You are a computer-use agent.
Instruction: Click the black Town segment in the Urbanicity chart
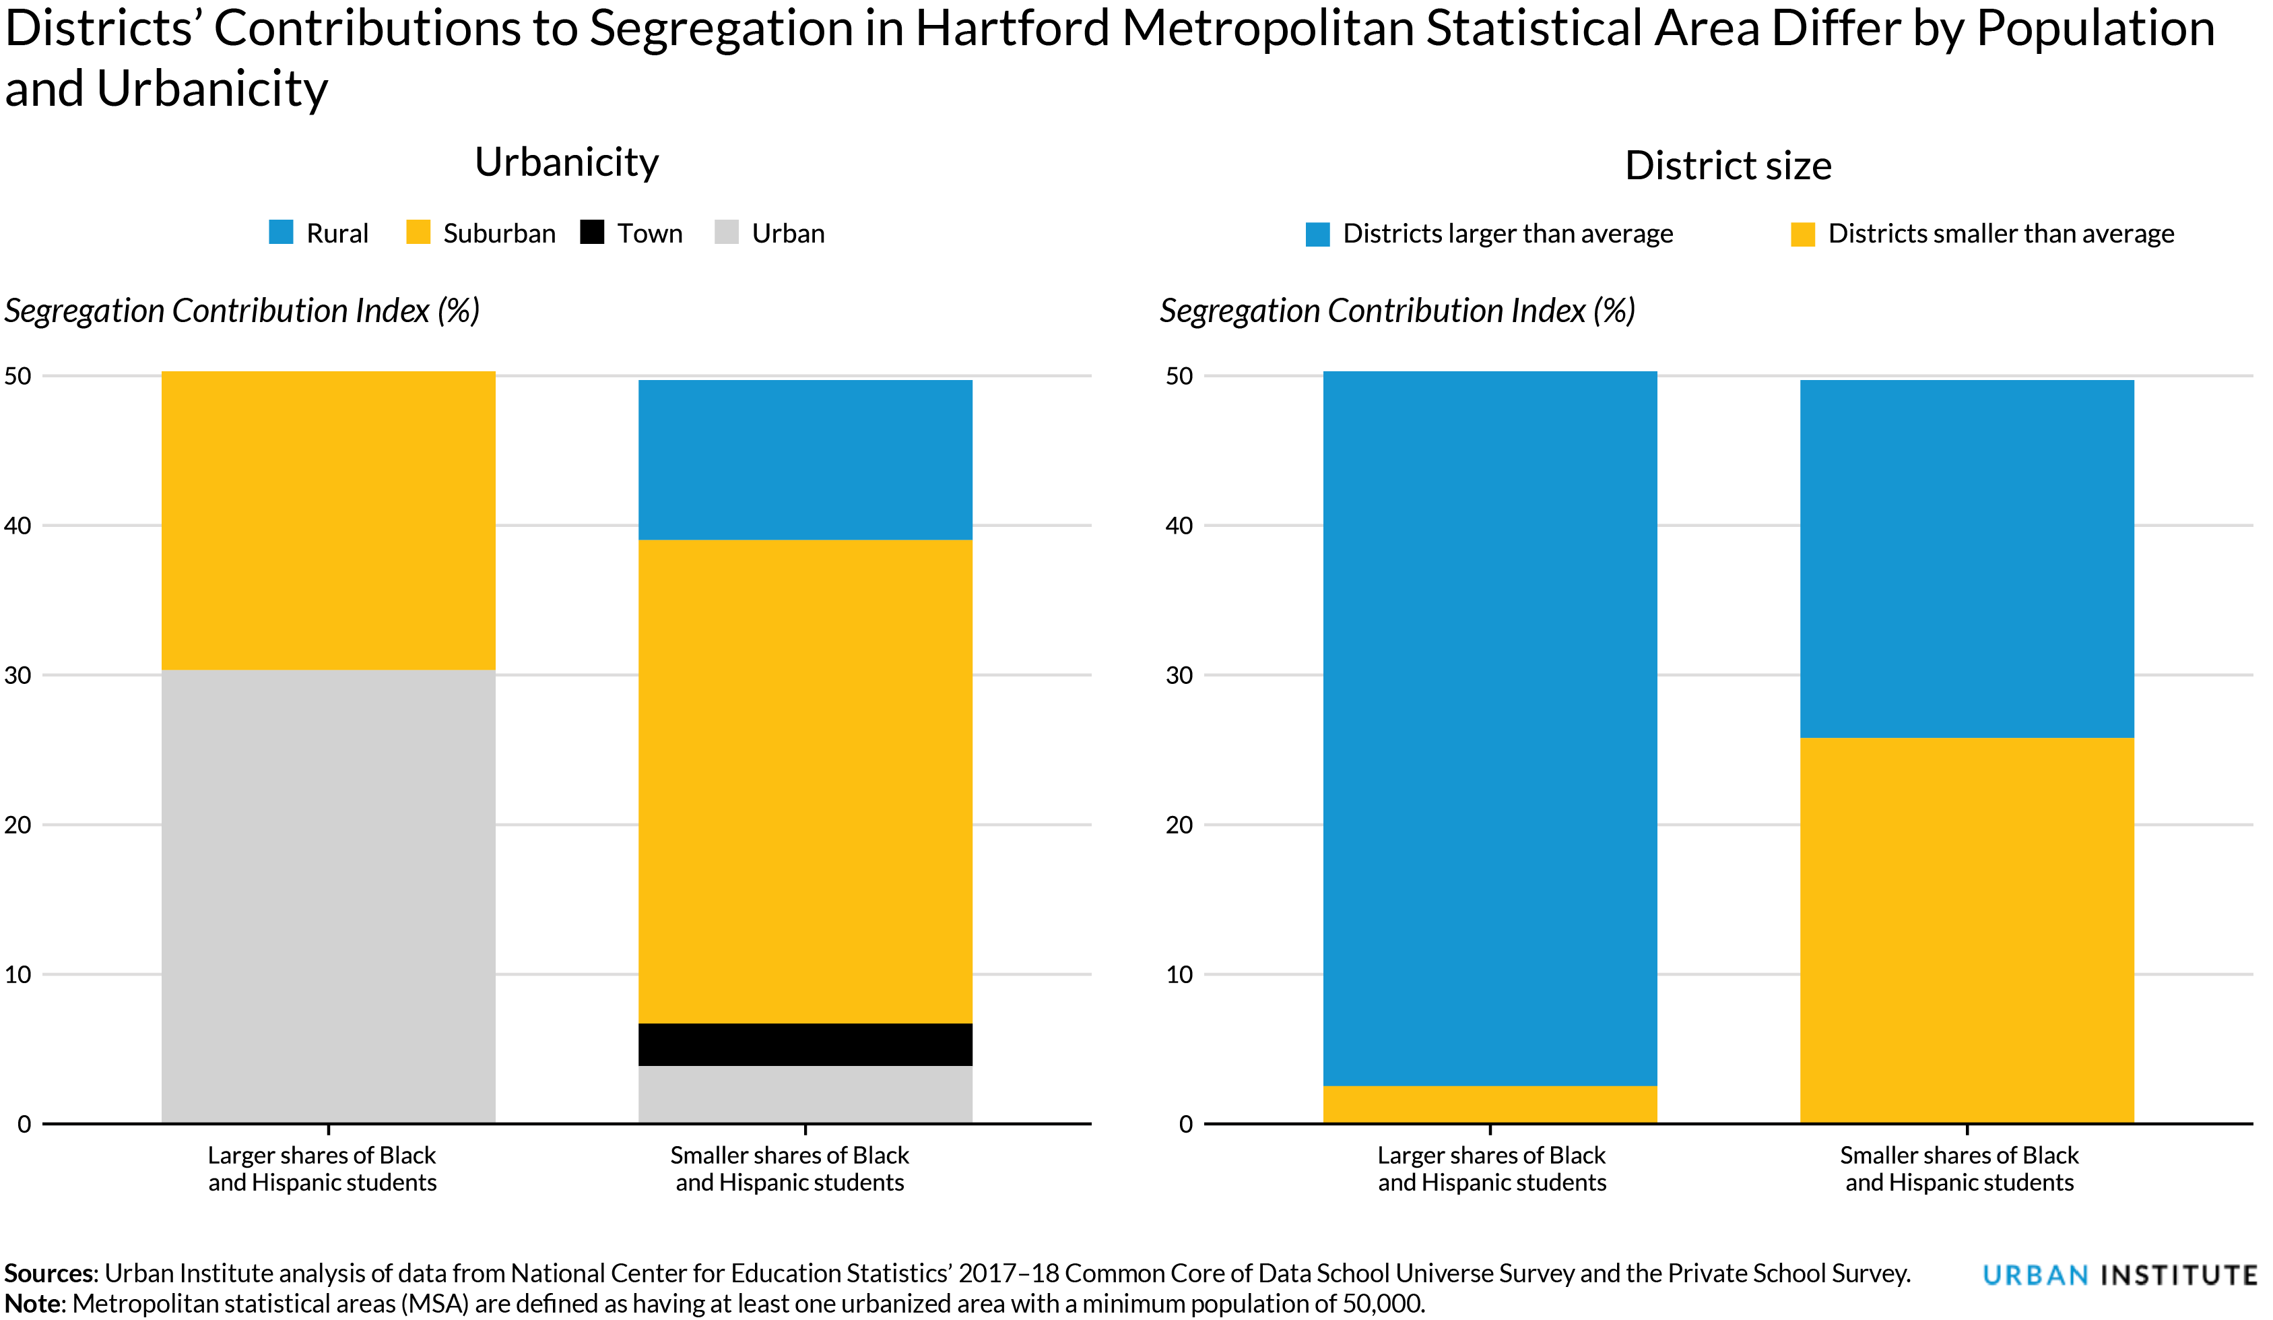[805, 1044]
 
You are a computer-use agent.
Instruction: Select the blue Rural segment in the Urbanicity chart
[805, 460]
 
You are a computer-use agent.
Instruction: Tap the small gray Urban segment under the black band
[805, 1094]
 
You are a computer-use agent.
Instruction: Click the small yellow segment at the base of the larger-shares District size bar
[1489, 1104]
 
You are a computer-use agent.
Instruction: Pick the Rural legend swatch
[282, 232]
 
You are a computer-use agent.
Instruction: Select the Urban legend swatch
[726, 232]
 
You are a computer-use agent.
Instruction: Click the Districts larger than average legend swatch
[1317, 234]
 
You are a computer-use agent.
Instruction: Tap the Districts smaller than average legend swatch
[1802, 234]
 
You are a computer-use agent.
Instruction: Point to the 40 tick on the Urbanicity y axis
[18, 525]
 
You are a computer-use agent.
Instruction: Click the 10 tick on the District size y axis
[1179, 974]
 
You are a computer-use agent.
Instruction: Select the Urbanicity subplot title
[566, 162]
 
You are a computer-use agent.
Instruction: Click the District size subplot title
[1727, 166]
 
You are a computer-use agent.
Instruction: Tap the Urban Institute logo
[2119, 1275]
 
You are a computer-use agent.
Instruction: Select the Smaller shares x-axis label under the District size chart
[1958, 1168]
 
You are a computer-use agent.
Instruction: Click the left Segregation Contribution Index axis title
[242, 311]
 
